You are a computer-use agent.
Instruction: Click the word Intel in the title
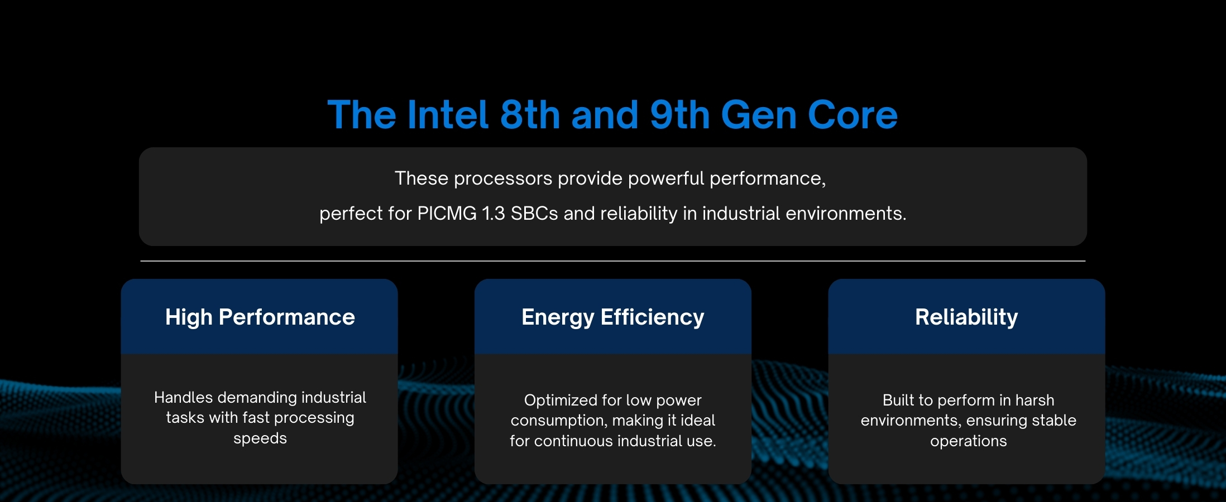(x=448, y=115)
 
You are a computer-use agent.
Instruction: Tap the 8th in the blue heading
(x=530, y=115)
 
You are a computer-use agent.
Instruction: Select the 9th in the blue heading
(x=680, y=115)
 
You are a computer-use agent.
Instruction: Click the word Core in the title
(x=853, y=115)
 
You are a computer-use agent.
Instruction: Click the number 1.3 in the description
(x=494, y=214)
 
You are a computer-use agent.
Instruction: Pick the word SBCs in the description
(x=534, y=214)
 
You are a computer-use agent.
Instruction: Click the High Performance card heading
(x=260, y=317)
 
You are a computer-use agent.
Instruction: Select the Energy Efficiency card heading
(x=613, y=317)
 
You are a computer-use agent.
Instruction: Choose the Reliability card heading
(x=966, y=317)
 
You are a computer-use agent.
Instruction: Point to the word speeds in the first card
(x=260, y=439)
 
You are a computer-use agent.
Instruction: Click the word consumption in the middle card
(x=550, y=421)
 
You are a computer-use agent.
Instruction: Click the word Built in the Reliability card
(x=899, y=400)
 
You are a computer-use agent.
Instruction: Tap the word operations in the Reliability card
(x=969, y=441)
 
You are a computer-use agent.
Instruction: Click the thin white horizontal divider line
(x=613, y=260)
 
